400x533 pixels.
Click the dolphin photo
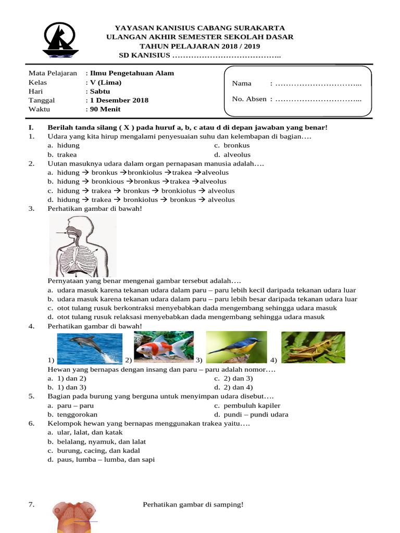89,348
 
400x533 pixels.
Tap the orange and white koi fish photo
164,346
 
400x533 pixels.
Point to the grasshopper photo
312,347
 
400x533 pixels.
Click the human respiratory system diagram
83,245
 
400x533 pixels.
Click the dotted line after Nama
318,84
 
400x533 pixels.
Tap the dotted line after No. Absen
318,99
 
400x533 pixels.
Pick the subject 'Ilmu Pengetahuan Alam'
132,73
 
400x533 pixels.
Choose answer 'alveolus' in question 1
237,155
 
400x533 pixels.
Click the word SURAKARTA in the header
260,28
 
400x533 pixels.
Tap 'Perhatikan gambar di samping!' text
193,504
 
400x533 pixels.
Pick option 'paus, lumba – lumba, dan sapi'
106,460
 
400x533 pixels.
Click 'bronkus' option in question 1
236,146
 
